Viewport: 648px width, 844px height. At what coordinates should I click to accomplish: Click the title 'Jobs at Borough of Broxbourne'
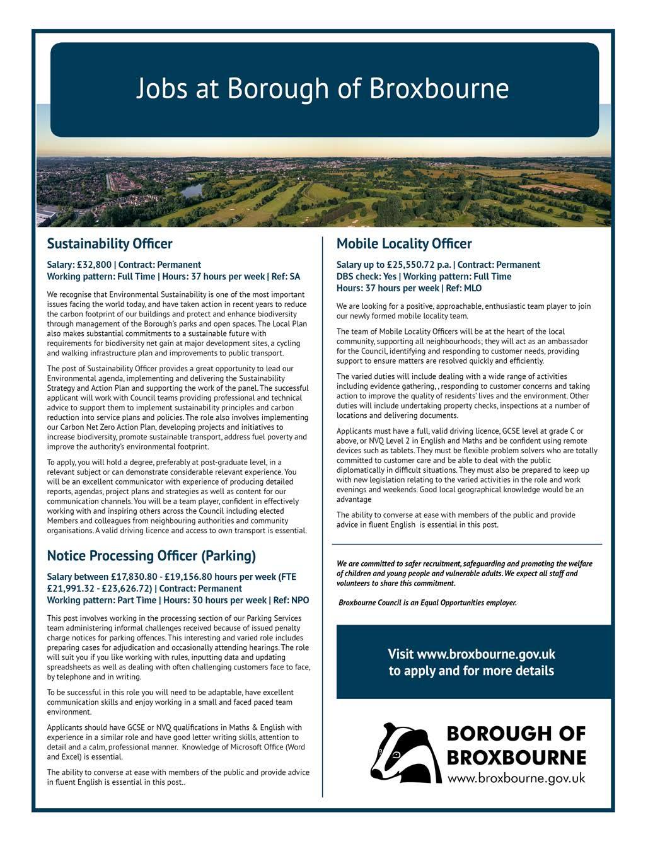tap(322, 88)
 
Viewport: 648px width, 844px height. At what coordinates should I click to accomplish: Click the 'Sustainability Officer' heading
tap(109, 244)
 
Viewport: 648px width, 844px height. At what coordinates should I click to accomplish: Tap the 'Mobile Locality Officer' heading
tap(403, 244)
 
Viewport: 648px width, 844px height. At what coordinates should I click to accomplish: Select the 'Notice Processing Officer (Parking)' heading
tap(151, 556)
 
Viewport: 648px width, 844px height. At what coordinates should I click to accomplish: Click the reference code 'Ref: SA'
tap(286, 277)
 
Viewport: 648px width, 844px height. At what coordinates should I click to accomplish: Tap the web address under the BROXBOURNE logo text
tap(516, 778)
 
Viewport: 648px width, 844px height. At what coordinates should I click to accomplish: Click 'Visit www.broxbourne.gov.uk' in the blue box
tap(471, 654)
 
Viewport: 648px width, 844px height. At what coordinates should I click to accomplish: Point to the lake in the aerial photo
tap(192, 190)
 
